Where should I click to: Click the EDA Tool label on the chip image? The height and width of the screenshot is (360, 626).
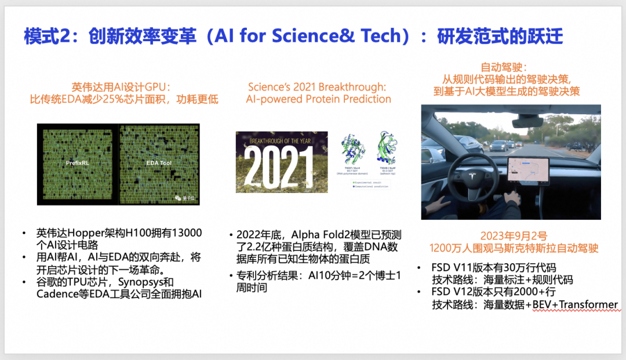(x=159, y=164)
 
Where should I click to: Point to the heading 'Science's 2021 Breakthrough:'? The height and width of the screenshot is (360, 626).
(x=317, y=87)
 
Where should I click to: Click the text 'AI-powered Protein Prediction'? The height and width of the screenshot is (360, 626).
(x=318, y=99)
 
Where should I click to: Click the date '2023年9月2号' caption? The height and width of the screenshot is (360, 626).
(x=511, y=236)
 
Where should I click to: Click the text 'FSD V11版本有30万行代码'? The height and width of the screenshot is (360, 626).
(x=494, y=267)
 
